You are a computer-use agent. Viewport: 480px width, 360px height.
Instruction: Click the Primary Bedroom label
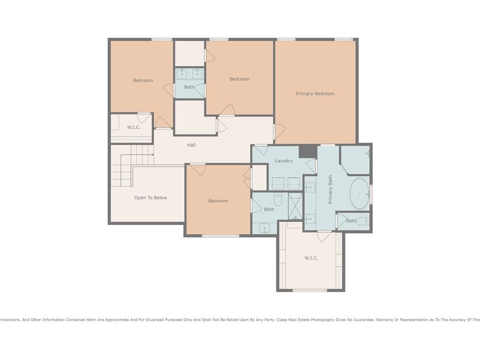(x=315, y=94)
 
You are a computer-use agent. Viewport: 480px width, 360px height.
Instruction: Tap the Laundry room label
(x=284, y=161)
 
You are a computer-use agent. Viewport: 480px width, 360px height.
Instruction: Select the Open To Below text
(x=150, y=198)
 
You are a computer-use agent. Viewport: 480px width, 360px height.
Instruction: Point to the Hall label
(x=191, y=145)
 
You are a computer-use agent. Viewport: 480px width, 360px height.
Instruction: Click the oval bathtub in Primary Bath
(x=360, y=194)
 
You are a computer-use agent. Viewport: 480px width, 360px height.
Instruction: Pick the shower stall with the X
(x=295, y=206)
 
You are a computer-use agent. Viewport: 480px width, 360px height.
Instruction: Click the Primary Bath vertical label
(x=330, y=190)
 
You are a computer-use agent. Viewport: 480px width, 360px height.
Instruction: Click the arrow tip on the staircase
(x=153, y=155)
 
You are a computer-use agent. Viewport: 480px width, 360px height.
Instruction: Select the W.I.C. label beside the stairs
(x=134, y=127)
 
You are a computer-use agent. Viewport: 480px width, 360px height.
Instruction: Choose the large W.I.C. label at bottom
(x=311, y=258)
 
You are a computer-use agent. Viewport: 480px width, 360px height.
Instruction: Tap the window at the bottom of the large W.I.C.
(x=310, y=290)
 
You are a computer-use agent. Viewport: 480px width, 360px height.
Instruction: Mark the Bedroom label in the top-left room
(x=143, y=81)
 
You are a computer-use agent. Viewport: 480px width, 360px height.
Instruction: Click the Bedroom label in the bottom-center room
(x=218, y=201)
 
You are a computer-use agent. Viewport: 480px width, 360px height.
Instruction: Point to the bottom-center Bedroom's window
(x=220, y=236)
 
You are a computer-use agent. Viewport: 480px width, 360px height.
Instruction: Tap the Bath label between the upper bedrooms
(x=189, y=87)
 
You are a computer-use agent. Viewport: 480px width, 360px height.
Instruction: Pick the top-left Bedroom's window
(x=162, y=39)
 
